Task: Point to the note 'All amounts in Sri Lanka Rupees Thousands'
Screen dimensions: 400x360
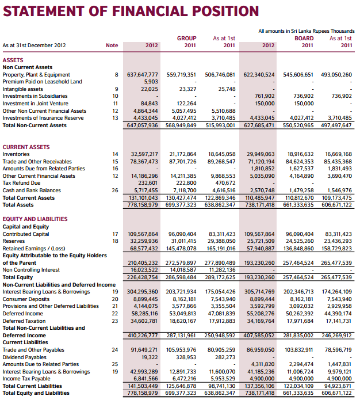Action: coord(307,31)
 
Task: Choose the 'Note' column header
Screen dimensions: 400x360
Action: coord(112,45)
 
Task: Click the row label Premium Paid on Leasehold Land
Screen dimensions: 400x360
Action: coord(42,82)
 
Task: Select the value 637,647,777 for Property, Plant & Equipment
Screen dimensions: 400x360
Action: coord(142,75)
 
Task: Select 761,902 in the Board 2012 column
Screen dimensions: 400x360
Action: coord(264,96)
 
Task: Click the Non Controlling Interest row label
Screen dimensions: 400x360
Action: coord(31,269)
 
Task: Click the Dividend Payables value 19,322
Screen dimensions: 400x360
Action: coord(148,357)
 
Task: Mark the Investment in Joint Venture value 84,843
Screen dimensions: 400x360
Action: coord(148,104)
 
